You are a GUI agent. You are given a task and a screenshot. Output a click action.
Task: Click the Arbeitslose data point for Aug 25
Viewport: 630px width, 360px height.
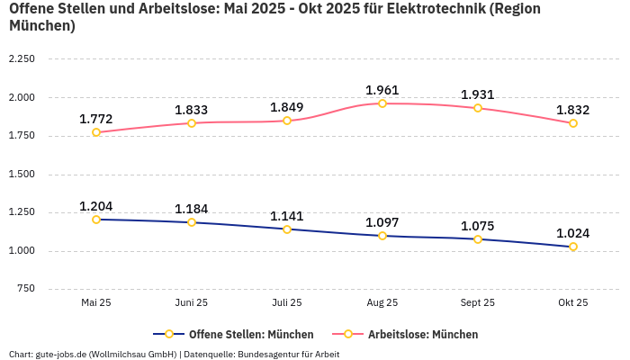(x=382, y=103)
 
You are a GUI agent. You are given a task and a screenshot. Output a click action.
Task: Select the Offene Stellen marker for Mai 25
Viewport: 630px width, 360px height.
(x=96, y=219)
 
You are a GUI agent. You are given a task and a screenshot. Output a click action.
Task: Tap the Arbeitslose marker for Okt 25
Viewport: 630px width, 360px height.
(x=573, y=123)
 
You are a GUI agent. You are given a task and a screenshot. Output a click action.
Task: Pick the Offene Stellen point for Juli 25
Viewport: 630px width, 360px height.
(x=287, y=229)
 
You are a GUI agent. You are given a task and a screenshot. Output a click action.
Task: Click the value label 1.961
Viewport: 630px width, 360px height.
(x=382, y=90)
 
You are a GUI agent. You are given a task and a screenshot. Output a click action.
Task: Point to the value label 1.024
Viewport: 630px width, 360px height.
(x=573, y=233)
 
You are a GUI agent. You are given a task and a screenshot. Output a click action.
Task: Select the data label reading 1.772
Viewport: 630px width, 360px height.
(x=96, y=119)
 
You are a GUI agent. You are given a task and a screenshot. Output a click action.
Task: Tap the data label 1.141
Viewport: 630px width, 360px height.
(x=287, y=216)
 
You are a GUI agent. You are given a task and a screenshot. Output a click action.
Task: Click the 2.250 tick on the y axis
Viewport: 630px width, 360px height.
(x=22, y=58)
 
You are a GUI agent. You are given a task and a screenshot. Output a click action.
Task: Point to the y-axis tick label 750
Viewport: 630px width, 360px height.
(x=26, y=289)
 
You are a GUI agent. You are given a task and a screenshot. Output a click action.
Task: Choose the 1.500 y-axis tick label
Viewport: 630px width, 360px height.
(x=22, y=175)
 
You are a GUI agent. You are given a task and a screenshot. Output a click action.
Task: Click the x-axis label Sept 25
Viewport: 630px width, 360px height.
(x=478, y=303)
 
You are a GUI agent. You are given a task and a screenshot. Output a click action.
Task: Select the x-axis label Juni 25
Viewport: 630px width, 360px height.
(x=192, y=303)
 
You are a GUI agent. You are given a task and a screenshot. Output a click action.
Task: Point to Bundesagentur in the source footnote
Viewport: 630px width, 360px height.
(x=272, y=354)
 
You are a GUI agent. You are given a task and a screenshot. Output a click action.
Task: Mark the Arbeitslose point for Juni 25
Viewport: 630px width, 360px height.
(x=192, y=122)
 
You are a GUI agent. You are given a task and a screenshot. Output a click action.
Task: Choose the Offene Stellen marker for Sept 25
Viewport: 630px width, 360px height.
(x=478, y=239)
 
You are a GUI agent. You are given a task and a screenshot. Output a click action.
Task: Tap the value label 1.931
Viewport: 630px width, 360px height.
(x=478, y=94)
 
